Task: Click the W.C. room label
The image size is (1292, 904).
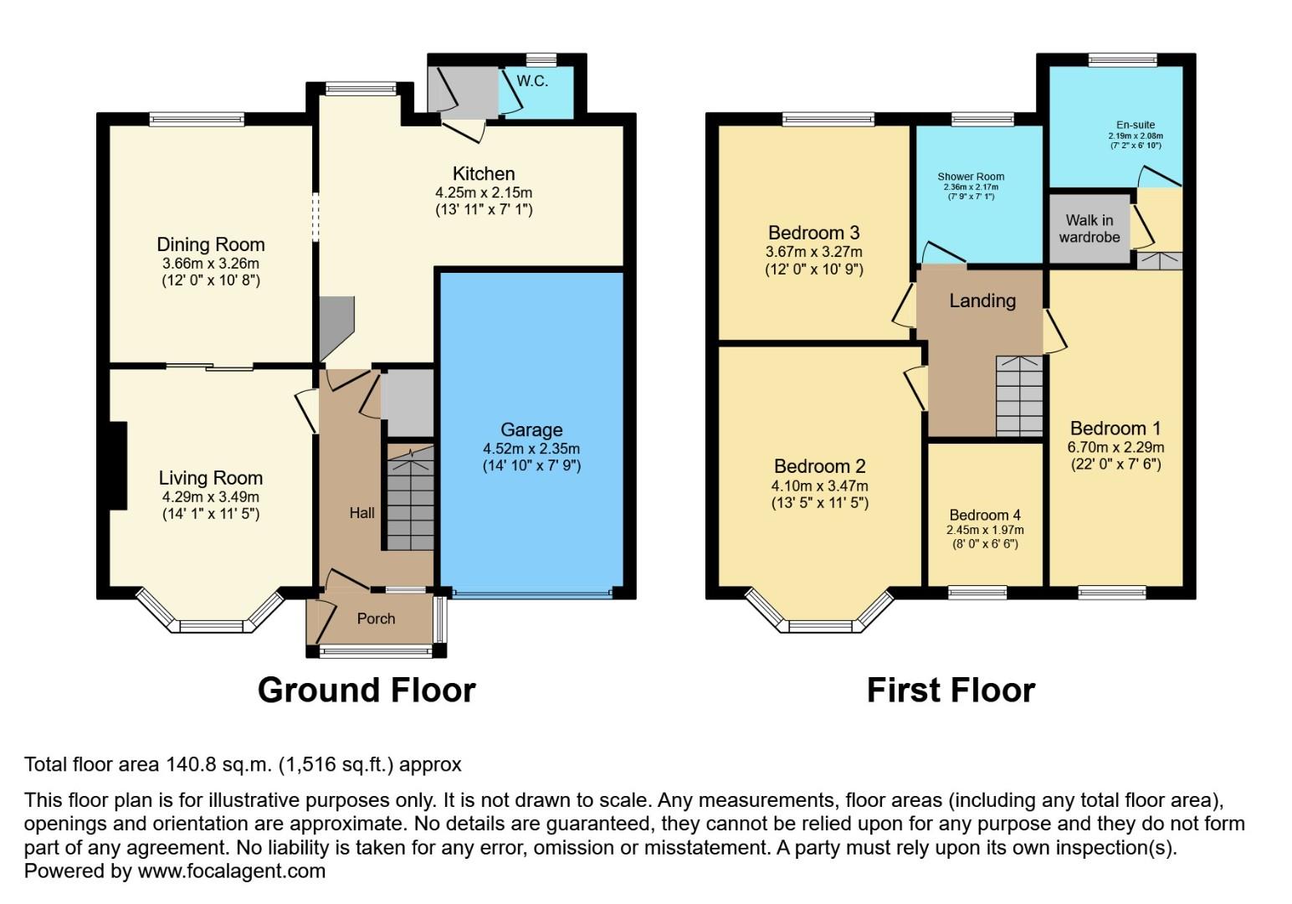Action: (x=532, y=81)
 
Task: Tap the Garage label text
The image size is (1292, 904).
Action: (x=531, y=429)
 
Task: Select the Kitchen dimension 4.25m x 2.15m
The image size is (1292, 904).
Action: (x=483, y=193)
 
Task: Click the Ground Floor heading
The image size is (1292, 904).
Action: (x=367, y=691)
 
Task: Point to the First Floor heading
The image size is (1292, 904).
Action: (x=951, y=691)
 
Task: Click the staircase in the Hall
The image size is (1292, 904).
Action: (x=409, y=499)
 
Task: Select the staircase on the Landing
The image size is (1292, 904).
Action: (x=1019, y=396)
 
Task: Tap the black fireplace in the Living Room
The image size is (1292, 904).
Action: (x=117, y=465)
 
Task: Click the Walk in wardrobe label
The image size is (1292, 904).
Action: (x=1089, y=229)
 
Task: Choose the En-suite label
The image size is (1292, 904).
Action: (x=1135, y=125)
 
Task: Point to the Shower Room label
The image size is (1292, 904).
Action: (x=971, y=177)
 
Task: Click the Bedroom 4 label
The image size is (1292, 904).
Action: (x=985, y=515)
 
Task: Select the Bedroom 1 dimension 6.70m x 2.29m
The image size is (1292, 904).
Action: (x=1115, y=447)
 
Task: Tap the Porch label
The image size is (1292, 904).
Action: (x=376, y=619)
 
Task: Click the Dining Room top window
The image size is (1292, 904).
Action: (x=197, y=120)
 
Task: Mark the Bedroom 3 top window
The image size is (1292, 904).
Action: (x=828, y=120)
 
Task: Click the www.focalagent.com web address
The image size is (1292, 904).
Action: (x=231, y=871)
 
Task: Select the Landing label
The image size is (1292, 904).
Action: (x=982, y=300)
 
